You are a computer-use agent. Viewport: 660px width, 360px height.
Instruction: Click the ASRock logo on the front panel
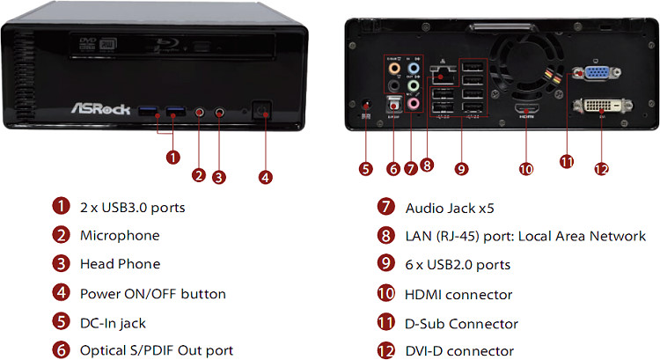coord(101,110)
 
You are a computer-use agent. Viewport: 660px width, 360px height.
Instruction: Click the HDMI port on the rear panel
coord(525,112)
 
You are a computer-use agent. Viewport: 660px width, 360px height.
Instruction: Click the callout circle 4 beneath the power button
coord(265,177)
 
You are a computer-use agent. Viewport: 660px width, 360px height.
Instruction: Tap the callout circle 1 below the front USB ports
coord(172,158)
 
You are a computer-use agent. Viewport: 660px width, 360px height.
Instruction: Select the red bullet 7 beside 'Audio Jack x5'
coord(385,208)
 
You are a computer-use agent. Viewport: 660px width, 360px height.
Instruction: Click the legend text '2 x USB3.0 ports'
coord(132,208)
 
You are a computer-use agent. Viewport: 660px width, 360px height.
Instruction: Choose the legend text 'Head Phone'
coord(120,264)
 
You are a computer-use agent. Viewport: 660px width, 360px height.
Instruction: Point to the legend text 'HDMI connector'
coord(458,294)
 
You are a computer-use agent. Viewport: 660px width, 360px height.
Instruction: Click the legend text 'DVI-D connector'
coord(459,351)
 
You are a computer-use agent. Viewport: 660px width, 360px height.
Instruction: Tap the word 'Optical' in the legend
coord(103,350)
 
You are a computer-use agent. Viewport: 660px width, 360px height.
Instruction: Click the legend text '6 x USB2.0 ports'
coord(458,264)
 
